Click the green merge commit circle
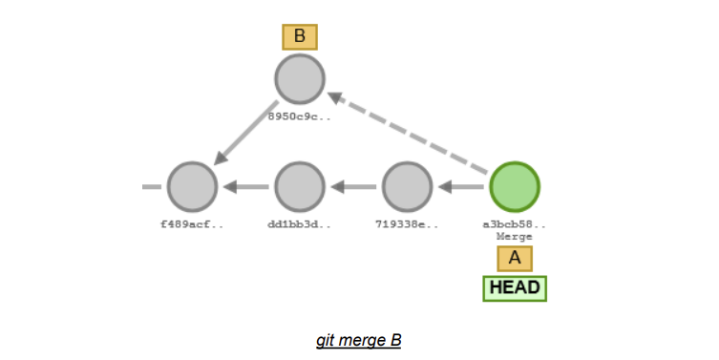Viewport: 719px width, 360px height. point(515,187)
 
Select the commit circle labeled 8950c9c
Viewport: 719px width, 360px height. point(300,79)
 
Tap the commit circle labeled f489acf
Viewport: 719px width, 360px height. point(192,187)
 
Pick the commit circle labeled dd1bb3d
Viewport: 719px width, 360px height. point(300,187)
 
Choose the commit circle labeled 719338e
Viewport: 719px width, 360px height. point(408,187)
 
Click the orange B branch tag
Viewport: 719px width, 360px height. point(300,37)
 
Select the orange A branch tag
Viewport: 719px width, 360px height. point(515,258)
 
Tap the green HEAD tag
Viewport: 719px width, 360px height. point(515,287)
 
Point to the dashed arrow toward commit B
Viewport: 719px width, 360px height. point(411,134)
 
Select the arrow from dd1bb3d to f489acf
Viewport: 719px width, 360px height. point(246,187)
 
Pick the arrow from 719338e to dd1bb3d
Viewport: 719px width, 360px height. point(354,187)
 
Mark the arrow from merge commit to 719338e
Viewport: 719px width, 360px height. point(462,187)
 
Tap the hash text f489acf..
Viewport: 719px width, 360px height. point(192,224)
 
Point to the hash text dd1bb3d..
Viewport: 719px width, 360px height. point(300,224)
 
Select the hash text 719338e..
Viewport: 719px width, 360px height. point(408,224)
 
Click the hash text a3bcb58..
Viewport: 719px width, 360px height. point(515,224)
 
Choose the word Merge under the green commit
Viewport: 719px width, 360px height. point(515,236)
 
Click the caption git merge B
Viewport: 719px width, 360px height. point(359,340)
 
